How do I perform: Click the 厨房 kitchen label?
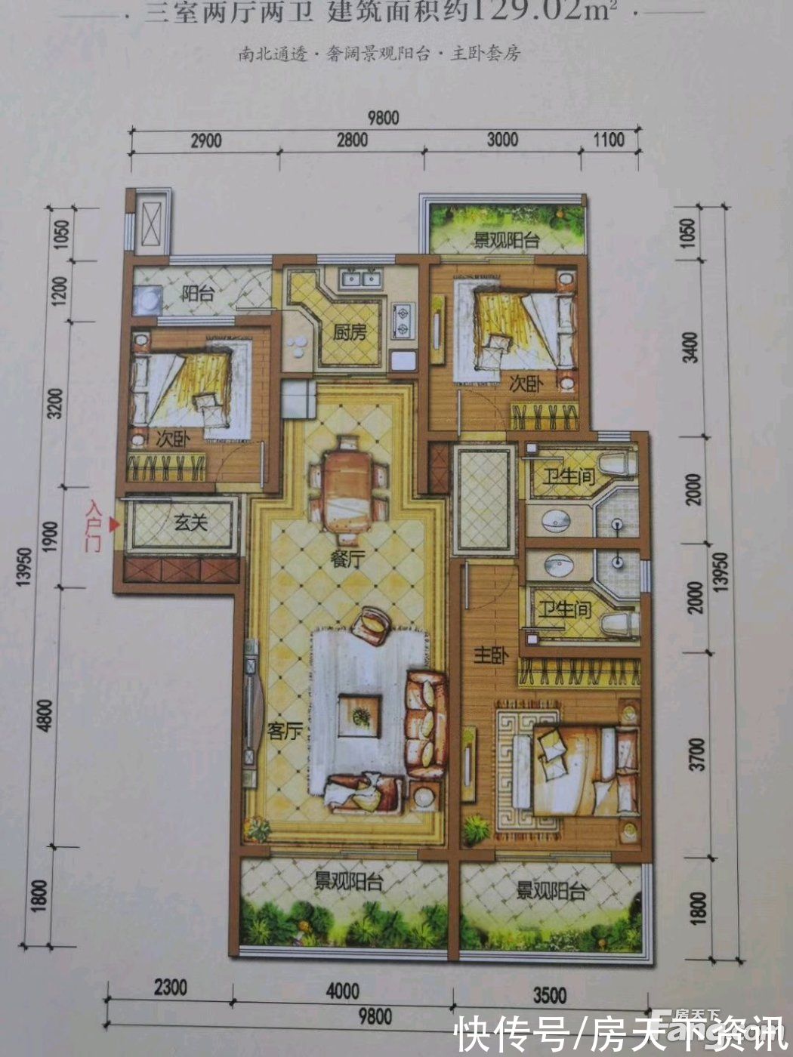(349, 332)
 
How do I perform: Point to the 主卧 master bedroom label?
(491, 655)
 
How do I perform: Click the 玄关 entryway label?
(190, 522)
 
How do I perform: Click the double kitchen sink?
(360, 279)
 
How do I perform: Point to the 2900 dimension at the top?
(205, 140)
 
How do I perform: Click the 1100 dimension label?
(609, 140)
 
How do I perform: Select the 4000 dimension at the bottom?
(342, 991)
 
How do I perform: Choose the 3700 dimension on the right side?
(698, 754)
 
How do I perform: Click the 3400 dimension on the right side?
(690, 347)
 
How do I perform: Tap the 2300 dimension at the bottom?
(171, 988)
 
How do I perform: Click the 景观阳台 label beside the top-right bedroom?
(506, 241)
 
